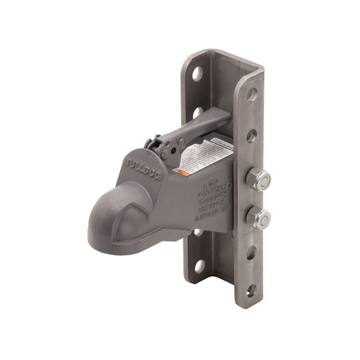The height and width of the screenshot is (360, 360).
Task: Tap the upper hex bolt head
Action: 258,178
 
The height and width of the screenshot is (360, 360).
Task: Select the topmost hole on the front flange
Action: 252,95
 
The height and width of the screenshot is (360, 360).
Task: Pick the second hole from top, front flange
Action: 251,136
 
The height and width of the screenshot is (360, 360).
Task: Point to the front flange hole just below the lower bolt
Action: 251,253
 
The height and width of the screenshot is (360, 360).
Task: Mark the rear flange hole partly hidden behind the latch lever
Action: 197,112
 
